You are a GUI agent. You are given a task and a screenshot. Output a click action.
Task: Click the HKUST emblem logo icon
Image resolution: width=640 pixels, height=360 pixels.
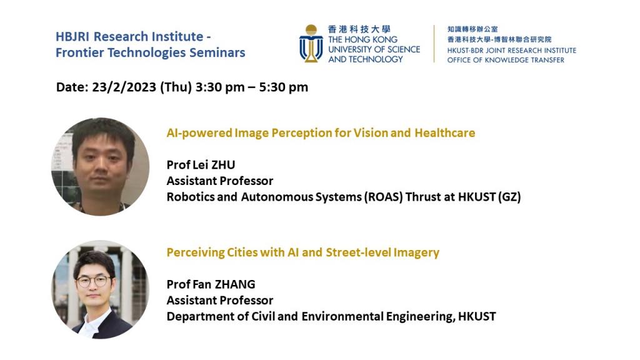[x=311, y=43]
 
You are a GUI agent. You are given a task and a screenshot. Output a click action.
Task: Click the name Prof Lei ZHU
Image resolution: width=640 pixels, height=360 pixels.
[x=201, y=165]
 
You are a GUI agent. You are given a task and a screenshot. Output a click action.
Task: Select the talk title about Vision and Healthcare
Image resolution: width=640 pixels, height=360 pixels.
[x=321, y=132]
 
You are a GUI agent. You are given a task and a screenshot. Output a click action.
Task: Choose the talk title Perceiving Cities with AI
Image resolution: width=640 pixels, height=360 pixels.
[x=302, y=252]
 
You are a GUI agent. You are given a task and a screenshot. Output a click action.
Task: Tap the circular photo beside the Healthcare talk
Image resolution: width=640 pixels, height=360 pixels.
[x=100, y=166]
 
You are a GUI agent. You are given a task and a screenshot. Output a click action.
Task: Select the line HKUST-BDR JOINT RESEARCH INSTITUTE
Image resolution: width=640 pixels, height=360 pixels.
[x=511, y=50]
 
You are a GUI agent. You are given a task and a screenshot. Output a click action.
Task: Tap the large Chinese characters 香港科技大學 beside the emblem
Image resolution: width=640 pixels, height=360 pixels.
[x=359, y=29]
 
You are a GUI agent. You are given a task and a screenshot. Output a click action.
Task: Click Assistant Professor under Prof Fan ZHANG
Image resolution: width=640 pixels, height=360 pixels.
[x=219, y=301]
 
